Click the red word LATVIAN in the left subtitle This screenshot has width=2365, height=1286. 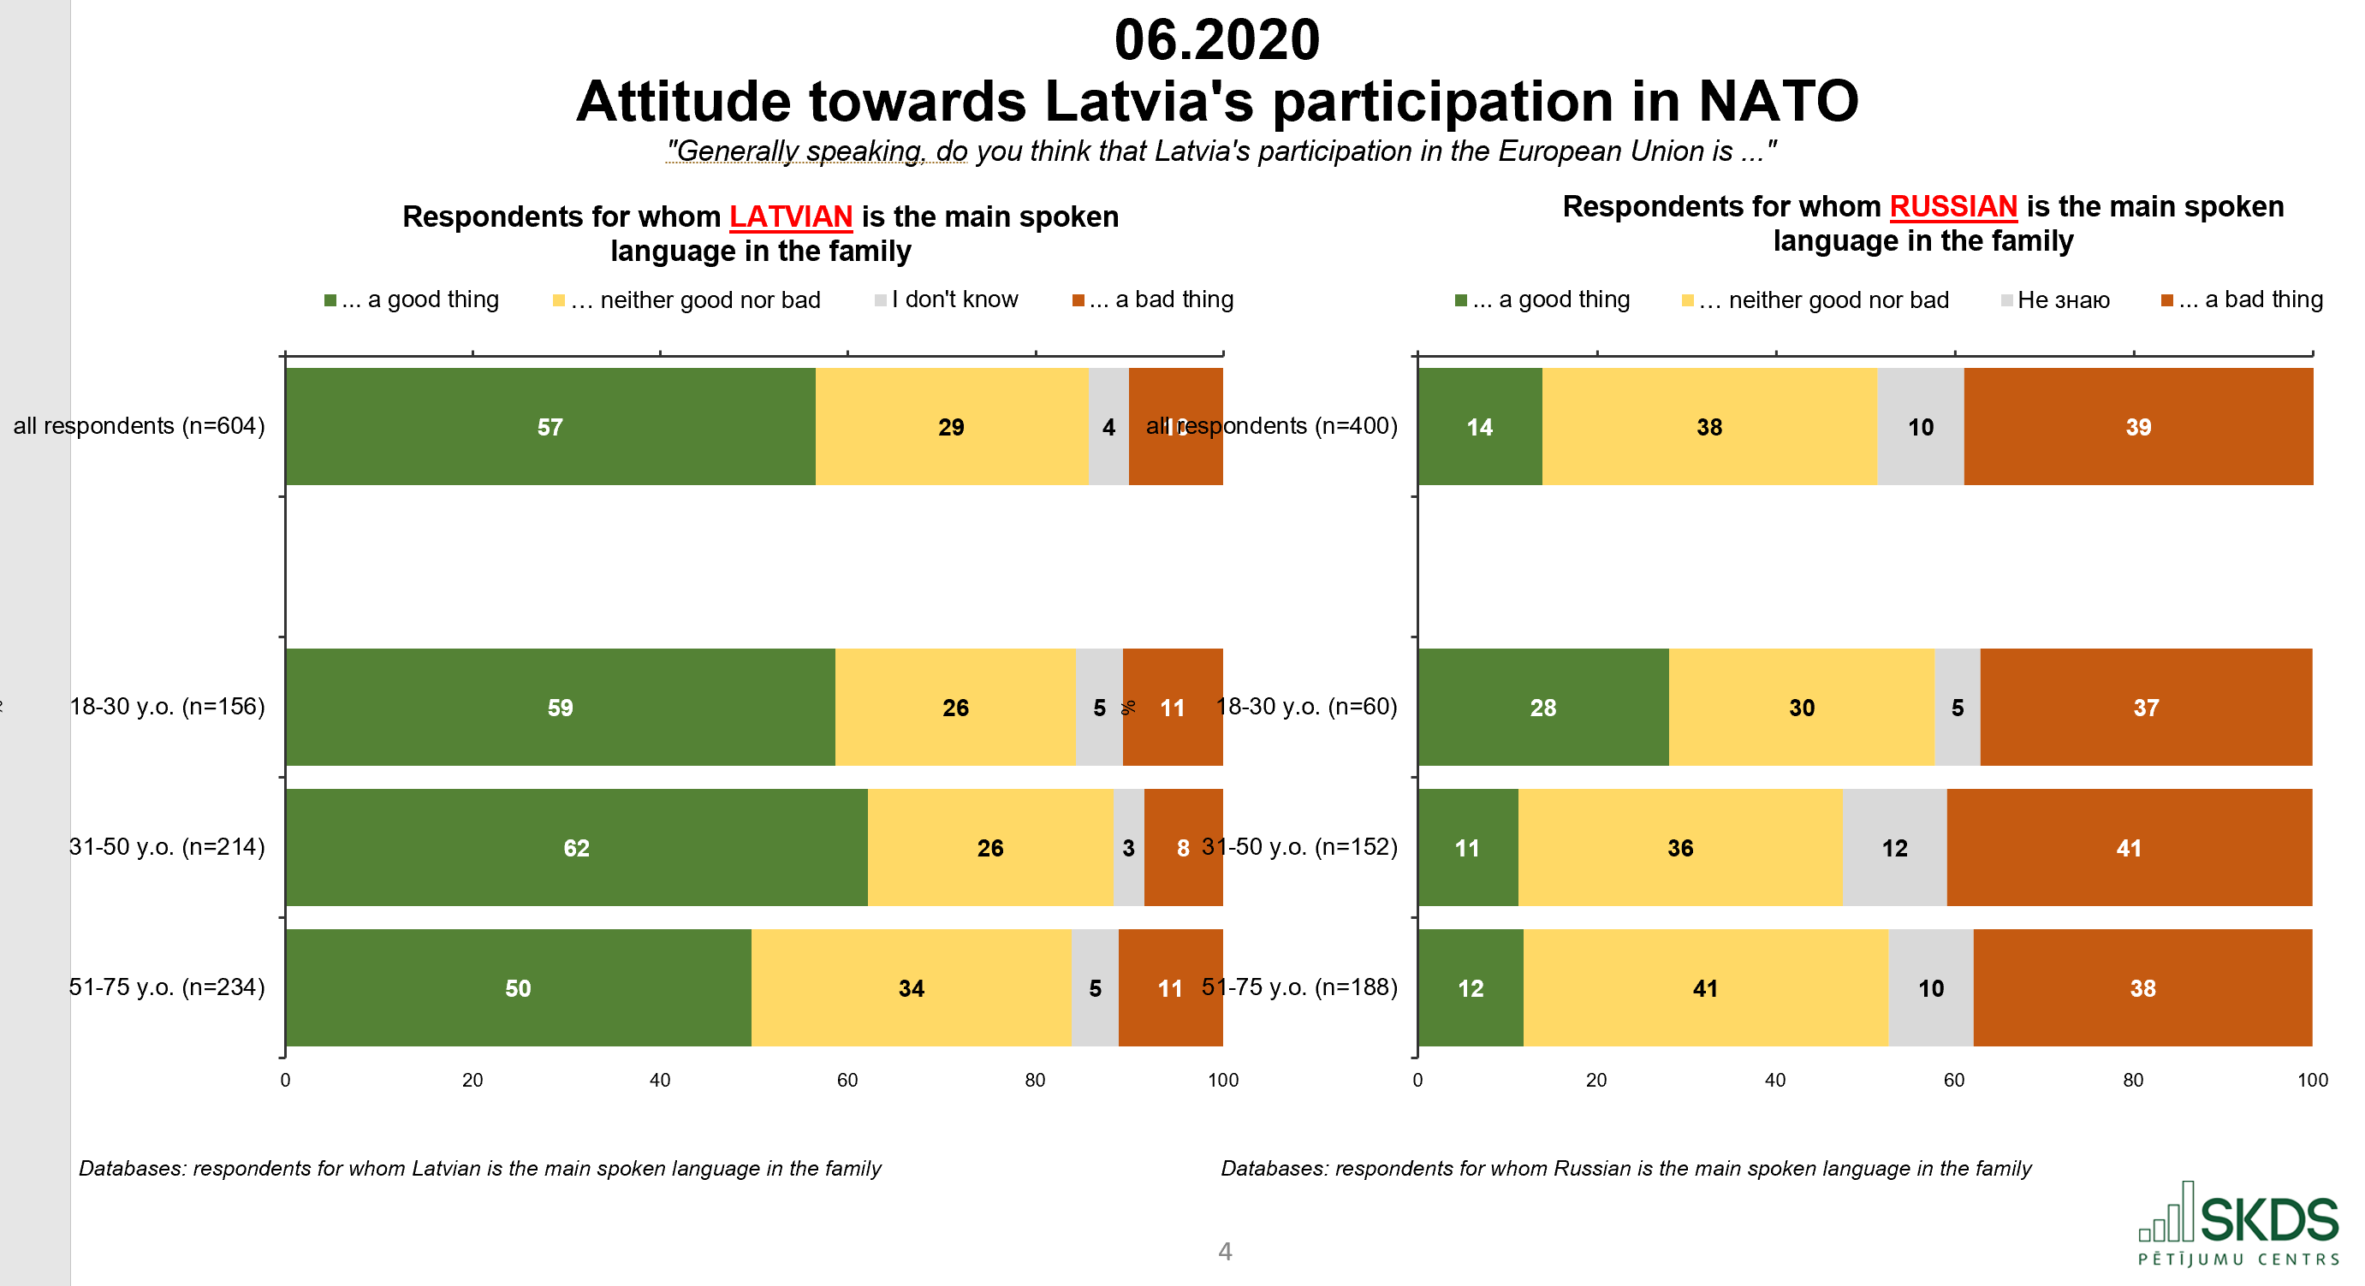click(791, 216)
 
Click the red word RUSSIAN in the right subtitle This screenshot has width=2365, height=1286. click(1952, 206)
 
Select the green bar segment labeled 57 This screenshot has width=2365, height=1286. click(550, 427)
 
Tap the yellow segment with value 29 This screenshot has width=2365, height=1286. click(951, 427)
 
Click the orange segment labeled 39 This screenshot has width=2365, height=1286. click(2137, 427)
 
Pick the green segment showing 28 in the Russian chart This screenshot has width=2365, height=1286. click(1542, 708)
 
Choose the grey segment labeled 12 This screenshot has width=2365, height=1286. click(1894, 848)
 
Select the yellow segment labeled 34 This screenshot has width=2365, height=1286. click(911, 988)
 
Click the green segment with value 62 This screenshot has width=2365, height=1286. click(576, 848)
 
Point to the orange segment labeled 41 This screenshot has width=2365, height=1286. click(2128, 848)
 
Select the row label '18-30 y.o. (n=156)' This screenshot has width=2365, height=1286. click(167, 707)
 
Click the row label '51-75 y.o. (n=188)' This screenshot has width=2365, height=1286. click(1300, 987)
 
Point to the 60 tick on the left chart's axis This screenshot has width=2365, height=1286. click(847, 1081)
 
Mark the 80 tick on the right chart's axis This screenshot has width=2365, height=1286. click(2133, 1081)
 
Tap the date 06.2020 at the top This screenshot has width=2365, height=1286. click(1216, 40)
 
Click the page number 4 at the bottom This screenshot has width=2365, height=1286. click(1225, 1251)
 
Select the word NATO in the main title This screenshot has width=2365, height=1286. click(1778, 101)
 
